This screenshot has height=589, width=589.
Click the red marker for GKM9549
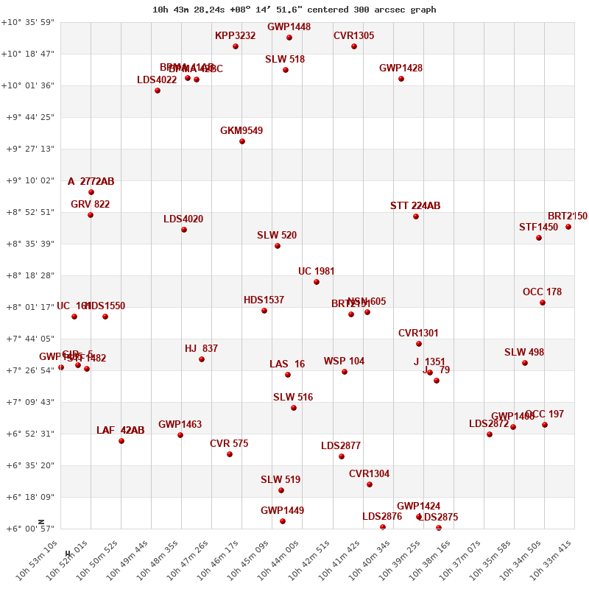[242, 141]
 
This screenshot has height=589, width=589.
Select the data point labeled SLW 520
[278, 246]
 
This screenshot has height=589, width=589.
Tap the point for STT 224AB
[416, 216]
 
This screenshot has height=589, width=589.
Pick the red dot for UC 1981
[317, 282]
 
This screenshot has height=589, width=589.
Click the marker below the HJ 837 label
[202, 359]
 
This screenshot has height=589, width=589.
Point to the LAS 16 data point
[288, 375]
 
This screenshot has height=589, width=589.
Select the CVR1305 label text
[353, 35]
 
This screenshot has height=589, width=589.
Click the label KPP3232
[235, 35]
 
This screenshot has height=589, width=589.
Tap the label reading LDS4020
[183, 219]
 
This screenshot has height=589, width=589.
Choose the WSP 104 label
[344, 361]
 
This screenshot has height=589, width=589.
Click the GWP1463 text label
[180, 424]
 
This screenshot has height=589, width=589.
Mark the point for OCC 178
[543, 303]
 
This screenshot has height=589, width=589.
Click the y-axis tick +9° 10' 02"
[27, 180]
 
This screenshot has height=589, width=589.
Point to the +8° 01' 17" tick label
[27, 307]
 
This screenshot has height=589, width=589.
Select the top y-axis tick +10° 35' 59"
[27, 22]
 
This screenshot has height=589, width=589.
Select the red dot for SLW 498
[525, 363]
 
